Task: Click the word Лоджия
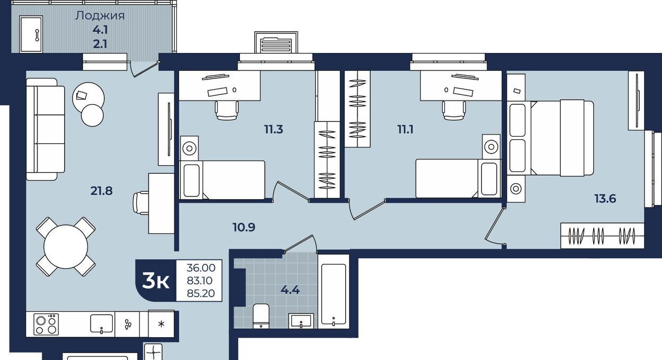pyautogui.click(x=100, y=16)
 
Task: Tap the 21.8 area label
pyautogui.click(x=101, y=191)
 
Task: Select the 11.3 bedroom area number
pyautogui.click(x=273, y=129)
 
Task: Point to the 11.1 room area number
pyautogui.click(x=405, y=129)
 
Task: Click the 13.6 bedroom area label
pyautogui.click(x=605, y=199)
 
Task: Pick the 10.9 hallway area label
pyautogui.click(x=244, y=228)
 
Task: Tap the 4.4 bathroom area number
pyautogui.click(x=290, y=290)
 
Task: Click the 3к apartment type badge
pyautogui.click(x=156, y=281)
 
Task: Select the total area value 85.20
pyautogui.click(x=201, y=293)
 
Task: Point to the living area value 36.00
pyautogui.click(x=201, y=268)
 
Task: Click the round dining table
pyautogui.click(x=66, y=247)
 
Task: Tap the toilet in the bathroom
pyautogui.click(x=261, y=316)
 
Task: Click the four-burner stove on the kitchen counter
pyautogui.click(x=46, y=324)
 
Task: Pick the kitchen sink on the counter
pyautogui.click(x=101, y=324)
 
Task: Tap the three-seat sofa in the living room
pyautogui.click(x=46, y=129)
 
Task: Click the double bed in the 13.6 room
pyautogui.click(x=550, y=138)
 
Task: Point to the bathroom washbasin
pyautogui.click(x=301, y=321)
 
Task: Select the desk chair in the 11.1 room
pyautogui.click(x=454, y=110)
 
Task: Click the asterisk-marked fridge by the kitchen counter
pyautogui.click(x=161, y=323)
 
